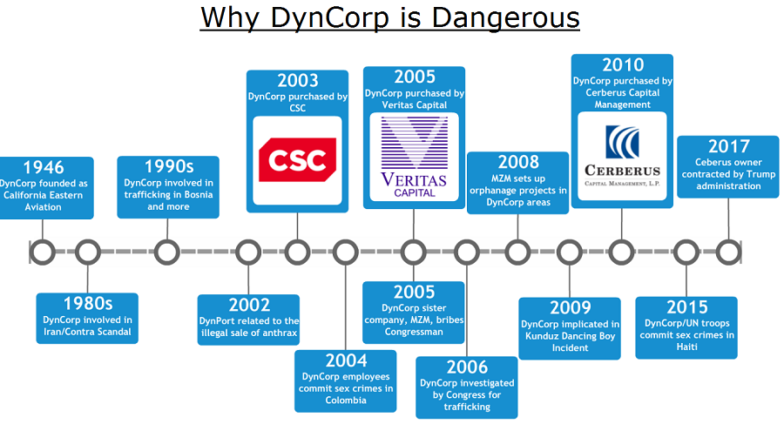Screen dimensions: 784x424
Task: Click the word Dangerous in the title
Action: pos(505,18)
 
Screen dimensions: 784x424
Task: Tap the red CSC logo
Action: pos(298,159)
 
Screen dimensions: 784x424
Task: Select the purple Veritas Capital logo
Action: pos(414,157)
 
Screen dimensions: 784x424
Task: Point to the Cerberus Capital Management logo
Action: pos(622,156)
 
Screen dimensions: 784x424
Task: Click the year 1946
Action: pos(44,167)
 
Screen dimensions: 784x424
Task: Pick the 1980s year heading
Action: pos(87,304)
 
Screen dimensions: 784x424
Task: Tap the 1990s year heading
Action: pos(168,166)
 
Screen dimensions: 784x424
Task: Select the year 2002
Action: pos(249,305)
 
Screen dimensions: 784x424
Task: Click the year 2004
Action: pos(346,360)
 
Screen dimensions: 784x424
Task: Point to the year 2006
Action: pos(467,367)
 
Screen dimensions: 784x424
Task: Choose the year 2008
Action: pos(518,162)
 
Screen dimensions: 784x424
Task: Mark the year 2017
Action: pos(728,146)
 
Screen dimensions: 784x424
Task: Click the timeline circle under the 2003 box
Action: pos(298,252)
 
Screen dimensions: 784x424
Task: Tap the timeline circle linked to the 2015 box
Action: pos(686,252)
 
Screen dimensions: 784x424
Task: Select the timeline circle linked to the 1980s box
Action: pos(87,252)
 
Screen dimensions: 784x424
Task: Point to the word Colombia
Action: pos(346,400)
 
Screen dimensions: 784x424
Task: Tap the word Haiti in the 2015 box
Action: pos(686,347)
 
